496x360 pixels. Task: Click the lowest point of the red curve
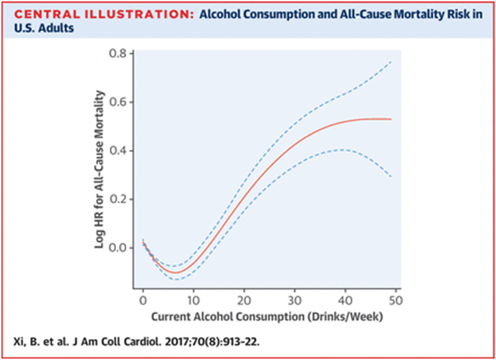(174, 273)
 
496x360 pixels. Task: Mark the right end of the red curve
(391, 119)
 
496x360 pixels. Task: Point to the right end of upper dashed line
(391, 62)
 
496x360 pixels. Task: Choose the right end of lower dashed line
(391, 176)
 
